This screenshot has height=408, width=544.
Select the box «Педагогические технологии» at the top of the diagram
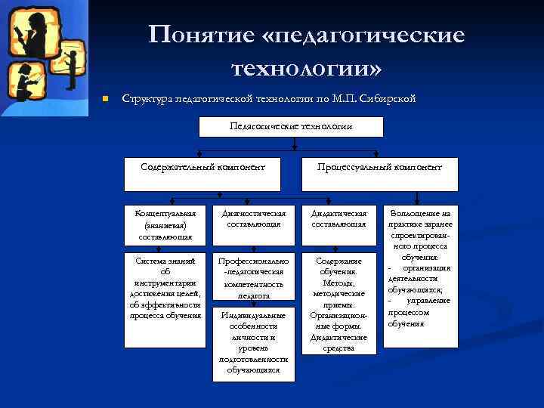(x=291, y=126)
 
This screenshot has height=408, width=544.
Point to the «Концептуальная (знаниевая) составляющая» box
(x=165, y=224)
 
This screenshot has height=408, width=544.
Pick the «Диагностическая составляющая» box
(x=252, y=224)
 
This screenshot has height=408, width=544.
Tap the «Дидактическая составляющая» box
(x=338, y=224)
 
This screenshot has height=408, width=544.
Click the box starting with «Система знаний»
(x=165, y=288)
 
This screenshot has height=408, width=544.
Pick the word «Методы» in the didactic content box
(x=338, y=282)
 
